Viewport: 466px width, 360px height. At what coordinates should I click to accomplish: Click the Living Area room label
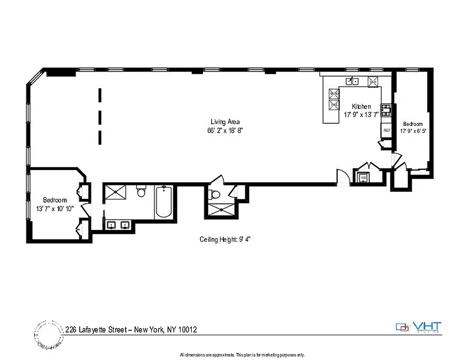coord(225,121)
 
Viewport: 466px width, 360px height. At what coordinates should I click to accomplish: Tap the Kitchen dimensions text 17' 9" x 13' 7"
coord(362,115)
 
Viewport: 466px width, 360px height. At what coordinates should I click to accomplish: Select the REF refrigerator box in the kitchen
coord(386,130)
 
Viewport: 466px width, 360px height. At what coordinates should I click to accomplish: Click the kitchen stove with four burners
coord(386,110)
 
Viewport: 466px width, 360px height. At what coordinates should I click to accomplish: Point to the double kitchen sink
coord(352,81)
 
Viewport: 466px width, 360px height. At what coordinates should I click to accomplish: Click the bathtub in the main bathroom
coord(163,202)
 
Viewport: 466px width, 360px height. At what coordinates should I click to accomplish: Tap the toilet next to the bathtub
coord(141,192)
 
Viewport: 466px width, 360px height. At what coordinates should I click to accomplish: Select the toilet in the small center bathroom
coord(215,194)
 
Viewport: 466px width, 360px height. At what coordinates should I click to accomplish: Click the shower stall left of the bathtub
coord(116,192)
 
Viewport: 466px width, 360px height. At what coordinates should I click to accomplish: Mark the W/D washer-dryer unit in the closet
coord(364,178)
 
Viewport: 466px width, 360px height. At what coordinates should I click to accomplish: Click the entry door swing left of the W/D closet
coord(342,176)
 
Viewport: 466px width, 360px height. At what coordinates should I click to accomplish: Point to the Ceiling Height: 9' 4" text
coord(224,239)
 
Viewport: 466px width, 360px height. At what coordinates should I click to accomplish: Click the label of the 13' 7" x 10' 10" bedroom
coord(55,200)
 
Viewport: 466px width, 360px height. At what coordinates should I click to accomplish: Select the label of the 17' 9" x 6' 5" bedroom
coord(413,124)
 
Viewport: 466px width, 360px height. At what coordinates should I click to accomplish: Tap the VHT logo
coord(419,327)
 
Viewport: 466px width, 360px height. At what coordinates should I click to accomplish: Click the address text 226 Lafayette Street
coord(131,330)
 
